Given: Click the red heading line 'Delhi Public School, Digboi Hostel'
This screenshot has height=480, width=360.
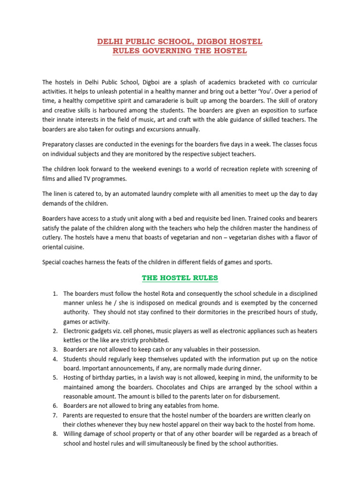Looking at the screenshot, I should (x=180, y=42).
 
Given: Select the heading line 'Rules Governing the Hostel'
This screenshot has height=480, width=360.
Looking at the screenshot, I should (x=180, y=51).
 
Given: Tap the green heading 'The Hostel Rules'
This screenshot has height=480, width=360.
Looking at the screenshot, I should (x=180, y=278).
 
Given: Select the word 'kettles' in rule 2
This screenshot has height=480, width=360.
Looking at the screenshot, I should (x=73, y=340).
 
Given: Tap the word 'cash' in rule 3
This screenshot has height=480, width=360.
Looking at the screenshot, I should (x=150, y=349).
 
